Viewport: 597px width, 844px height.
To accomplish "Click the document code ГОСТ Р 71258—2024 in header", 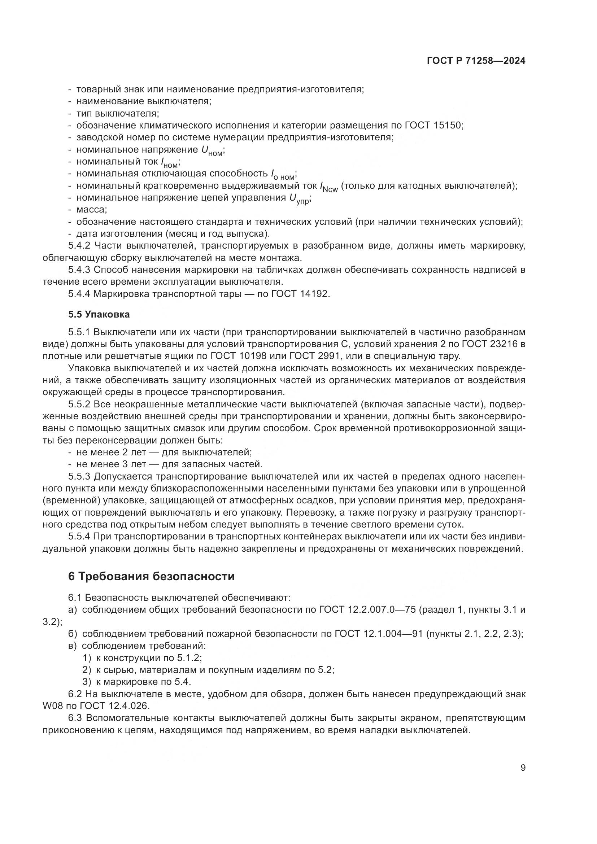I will (x=476, y=61).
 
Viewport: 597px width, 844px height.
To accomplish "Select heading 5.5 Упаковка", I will (x=99, y=314).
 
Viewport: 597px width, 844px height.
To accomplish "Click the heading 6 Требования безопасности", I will (x=151, y=576).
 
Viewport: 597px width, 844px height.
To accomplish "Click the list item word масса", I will (x=91, y=210).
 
